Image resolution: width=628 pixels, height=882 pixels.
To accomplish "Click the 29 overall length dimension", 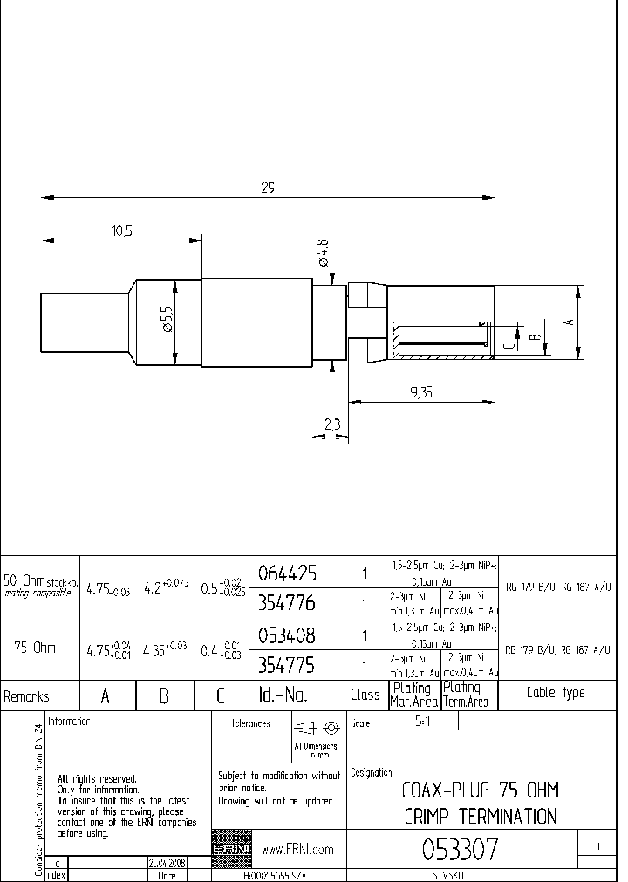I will (267, 187).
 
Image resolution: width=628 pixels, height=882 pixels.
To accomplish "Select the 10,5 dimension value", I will (122, 231).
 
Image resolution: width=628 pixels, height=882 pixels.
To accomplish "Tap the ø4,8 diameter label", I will (323, 252).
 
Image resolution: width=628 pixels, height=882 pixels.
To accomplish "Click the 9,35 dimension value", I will (421, 392).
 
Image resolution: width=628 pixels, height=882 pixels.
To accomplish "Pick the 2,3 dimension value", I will (331, 424).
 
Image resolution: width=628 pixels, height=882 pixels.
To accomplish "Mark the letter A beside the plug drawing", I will (569, 322).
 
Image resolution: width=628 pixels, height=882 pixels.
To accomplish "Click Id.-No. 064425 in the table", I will (287, 573).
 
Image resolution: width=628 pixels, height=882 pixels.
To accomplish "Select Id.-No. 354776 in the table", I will (287, 603).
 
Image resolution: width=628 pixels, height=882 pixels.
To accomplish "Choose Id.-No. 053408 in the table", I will (287, 634).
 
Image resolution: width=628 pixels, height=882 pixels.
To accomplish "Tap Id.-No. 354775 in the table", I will (287, 665).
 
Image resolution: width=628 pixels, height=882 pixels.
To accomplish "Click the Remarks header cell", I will (27, 696).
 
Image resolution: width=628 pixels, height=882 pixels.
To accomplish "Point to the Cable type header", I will (556, 694).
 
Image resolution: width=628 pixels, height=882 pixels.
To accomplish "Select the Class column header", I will (365, 695).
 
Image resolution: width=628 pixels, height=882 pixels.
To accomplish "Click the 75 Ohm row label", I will (35, 648).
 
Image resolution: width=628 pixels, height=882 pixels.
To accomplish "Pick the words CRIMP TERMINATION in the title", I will (480, 817).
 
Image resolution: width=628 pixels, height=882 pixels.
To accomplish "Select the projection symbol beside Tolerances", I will (316, 728).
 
